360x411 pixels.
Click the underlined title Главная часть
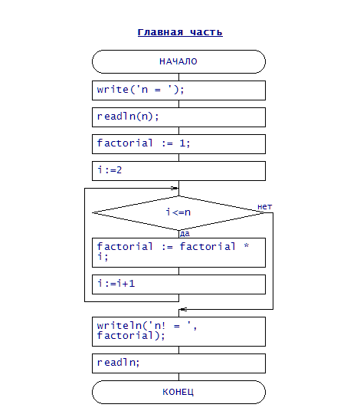(x=180, y=32)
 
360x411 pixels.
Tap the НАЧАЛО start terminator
(x=178, y=61)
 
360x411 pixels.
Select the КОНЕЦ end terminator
(x=178, y=392)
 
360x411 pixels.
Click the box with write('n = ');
(x=178, y=90)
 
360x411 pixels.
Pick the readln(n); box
(x=178, y=117)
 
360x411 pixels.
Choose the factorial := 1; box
(x=178, y=144)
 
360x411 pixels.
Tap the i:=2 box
(x=178, y=171)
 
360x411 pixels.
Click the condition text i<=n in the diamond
(x=178, y=212)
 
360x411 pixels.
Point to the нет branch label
(x=265, y=207)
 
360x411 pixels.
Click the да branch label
(x=185, y=234)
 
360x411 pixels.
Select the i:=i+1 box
(x=178, y=284)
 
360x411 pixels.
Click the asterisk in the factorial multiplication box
(x=247, y=246)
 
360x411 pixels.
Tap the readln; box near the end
(x=178, y=363)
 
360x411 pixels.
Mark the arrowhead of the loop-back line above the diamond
(x=175, y=188)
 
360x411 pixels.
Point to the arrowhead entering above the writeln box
(x=183, y=309)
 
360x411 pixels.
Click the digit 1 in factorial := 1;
(x=182, y=143)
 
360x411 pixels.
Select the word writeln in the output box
(x=119, y=326)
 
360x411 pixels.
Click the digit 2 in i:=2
(x=119, y=170)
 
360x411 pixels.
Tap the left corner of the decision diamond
(x=92, y=212)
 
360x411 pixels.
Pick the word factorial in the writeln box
(x=125, y=335)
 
